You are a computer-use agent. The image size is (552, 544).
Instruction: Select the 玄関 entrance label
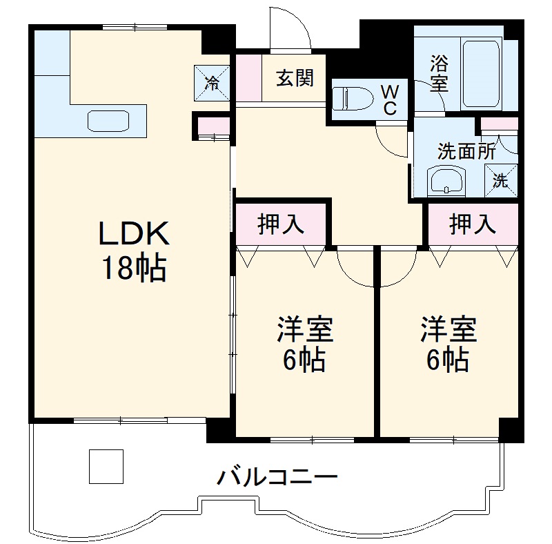(295, 79)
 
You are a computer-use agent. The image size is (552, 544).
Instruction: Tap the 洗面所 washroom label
(467, 151)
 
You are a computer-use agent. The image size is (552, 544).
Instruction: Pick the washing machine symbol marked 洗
(501, 182)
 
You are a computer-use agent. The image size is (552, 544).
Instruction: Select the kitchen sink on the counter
(108, 121)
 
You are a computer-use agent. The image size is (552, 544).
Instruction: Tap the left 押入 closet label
(281, 224)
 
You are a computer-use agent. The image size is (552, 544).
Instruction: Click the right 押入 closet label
(473, 224)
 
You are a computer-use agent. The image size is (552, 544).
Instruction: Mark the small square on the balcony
(106, 466)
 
